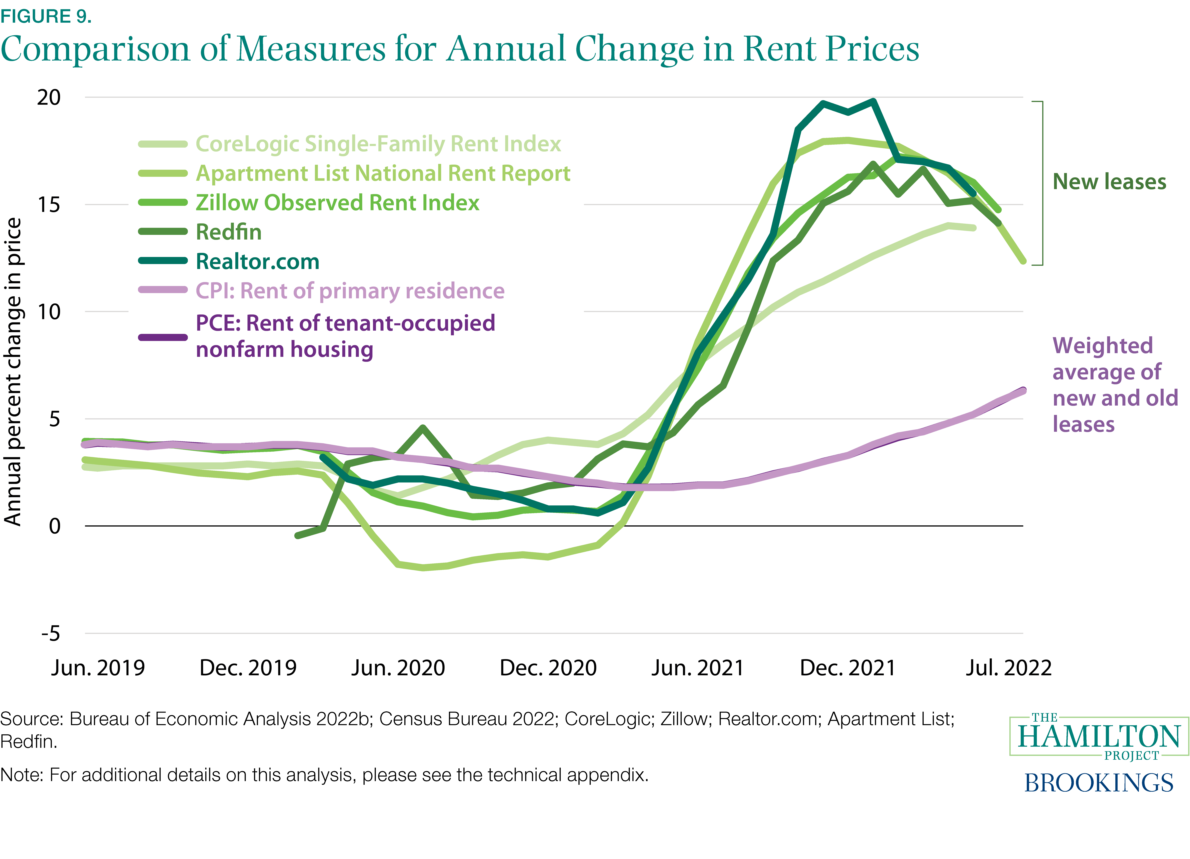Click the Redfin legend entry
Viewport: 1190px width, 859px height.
pos(228,232)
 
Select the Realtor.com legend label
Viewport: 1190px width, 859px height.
pos(257,261)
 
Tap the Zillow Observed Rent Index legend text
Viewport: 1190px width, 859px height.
pos(337,203)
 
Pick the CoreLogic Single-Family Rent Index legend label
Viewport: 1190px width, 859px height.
pos(378,144)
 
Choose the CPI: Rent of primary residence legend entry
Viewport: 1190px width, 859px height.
pos(349,291)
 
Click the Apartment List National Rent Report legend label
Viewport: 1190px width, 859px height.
pos(382,173)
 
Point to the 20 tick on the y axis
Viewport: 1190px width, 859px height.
pos(49,98)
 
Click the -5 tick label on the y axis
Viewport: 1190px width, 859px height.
pos(51,633)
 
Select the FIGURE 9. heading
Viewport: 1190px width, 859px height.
pos(46,16)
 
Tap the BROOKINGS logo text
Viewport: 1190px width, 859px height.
pos(1099,783)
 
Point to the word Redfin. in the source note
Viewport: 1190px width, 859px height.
pos(28,741)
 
